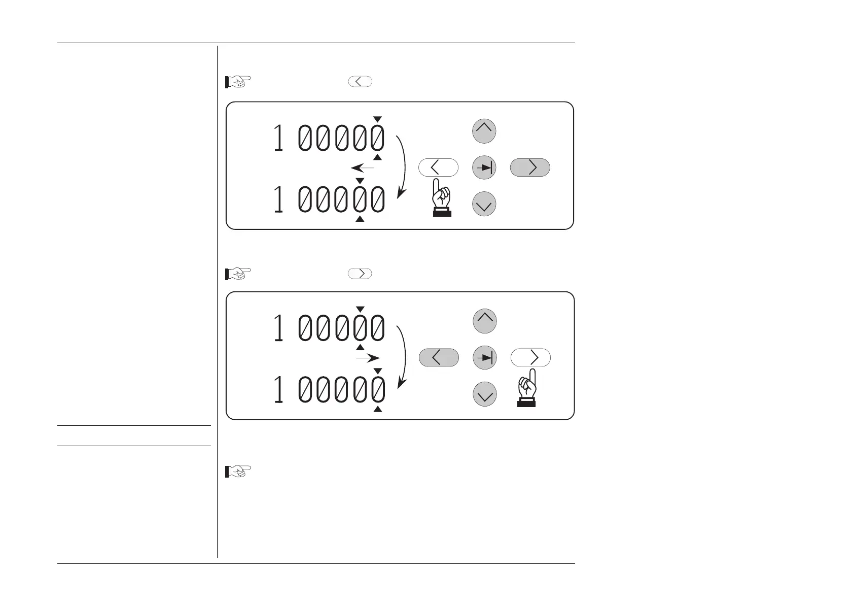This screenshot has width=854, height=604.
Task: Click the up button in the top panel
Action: pos(484,131)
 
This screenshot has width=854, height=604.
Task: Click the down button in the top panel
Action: pos(484,204)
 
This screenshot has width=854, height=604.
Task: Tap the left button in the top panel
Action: pos(439,167)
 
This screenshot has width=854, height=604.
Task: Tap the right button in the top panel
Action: pos(530,167)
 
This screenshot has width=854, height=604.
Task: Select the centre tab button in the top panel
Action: pos(484,167)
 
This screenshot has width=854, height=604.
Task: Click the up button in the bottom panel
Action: pos(485,321)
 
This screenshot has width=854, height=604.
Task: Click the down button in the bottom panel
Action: pos(485,394)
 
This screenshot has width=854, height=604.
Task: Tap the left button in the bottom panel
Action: pos(439,358)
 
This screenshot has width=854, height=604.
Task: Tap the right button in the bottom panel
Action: pos(530,358)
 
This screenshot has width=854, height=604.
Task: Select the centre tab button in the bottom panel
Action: pos(485,358)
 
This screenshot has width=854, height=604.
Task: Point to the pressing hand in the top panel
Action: pos(442,198)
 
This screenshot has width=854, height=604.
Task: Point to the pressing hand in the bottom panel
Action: pos(527,388)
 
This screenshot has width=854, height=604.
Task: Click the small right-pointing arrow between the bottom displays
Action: pos(368,358)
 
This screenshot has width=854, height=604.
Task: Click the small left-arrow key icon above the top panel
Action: pos(360,82)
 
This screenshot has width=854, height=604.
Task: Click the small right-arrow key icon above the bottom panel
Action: pos(360,274)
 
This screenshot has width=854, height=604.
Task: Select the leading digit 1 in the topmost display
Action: pos(278,138)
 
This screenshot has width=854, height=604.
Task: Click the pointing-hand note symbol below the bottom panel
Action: pos(238,472)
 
